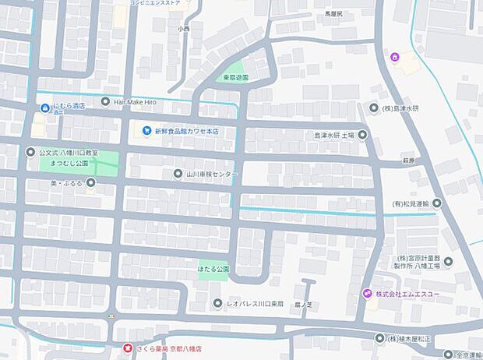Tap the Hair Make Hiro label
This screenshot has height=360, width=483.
(141, 102)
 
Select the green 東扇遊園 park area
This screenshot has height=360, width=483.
(234, 72)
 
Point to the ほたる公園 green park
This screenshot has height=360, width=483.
(213, 269)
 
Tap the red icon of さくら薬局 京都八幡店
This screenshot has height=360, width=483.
(129, 348)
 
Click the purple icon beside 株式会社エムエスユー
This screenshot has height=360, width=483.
(367, 293)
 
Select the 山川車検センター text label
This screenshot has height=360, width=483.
(211, 173)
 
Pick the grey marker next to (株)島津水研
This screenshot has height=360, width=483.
(374, 108)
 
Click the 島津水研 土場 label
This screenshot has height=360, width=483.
(334, 135)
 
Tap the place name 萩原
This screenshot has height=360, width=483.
(409, 160)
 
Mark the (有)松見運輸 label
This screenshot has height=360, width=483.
(411, 203)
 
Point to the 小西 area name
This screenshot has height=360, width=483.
(183, 29)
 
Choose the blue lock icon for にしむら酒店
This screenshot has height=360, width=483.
(44, 107)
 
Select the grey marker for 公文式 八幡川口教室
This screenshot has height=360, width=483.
(30, 152)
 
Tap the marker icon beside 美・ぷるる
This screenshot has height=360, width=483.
(91, 182)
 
